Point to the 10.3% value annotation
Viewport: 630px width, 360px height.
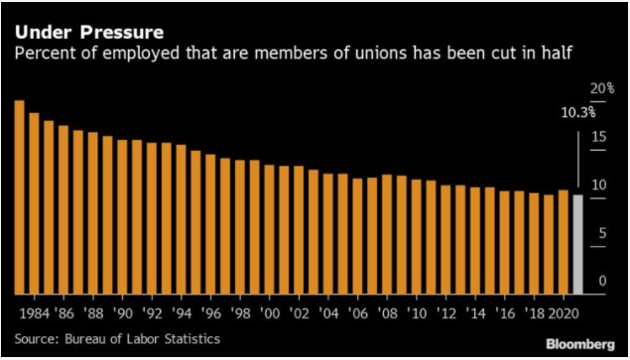(x=575, y=112)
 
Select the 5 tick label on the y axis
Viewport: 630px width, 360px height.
(x=600, y=233)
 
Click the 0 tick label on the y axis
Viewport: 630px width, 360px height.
(x=600, y=282)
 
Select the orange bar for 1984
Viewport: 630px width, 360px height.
(x=34, y=203)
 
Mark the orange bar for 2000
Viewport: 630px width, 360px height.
(x=268, y=229)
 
